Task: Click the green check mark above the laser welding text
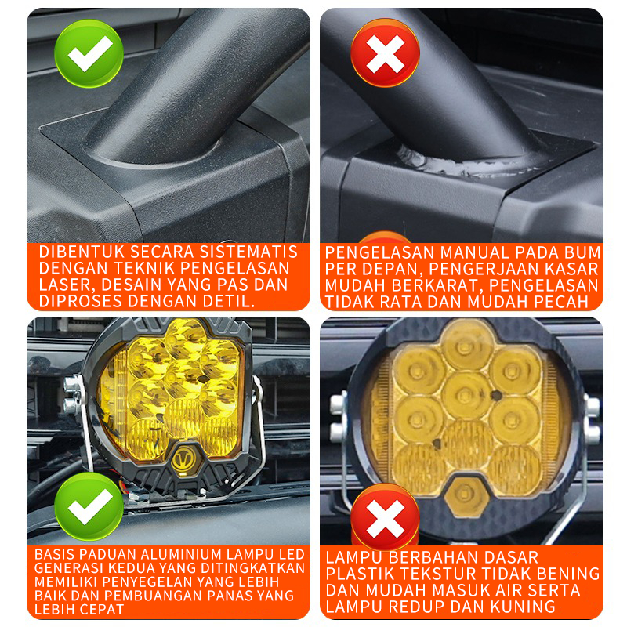[x=89, y=53]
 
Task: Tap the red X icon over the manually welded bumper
[x=385, y=53]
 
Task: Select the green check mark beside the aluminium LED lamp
[x=89, y=506]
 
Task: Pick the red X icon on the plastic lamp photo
[x=385, y=517]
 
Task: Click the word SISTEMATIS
[x=248, y=252]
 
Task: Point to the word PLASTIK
[x=355, y=574]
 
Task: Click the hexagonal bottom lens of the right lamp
[x=466, y=495]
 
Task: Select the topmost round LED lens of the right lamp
[x=466, y=345]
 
